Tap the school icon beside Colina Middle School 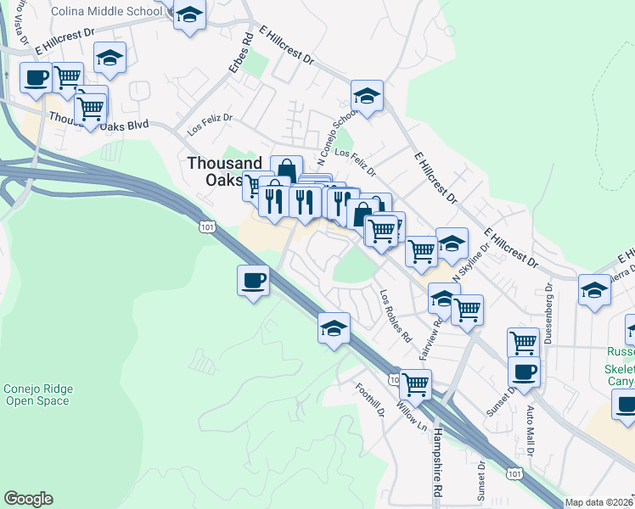click(189, 14)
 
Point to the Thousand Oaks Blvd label click(98, 122)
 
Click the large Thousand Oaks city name click(224, 171)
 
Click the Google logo click(28, 499)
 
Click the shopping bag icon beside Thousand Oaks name click(286, 169)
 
